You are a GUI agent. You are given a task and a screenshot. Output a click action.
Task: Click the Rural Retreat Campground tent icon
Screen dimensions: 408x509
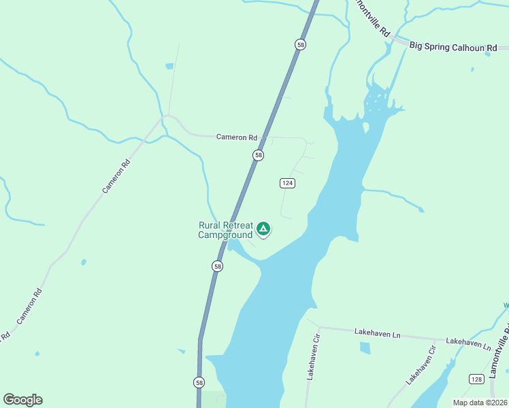click(x=263, y=229)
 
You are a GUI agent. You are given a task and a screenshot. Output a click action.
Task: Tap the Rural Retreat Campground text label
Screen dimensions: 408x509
click(x=225, y=231)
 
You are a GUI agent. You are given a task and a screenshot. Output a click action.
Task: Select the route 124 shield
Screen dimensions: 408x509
click(x=287, y=183)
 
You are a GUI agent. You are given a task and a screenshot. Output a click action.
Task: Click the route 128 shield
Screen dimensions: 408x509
click(x=477, y=378)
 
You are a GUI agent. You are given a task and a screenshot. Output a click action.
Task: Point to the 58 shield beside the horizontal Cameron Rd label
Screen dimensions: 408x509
click(x=258, y=156)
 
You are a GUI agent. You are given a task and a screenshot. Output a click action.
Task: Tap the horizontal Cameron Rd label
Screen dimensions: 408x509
click(x=237, y=137)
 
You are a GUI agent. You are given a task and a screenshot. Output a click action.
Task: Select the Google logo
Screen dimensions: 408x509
click(x=22, y=400)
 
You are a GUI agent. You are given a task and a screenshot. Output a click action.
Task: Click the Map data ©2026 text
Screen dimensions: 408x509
click(x=480, y=403)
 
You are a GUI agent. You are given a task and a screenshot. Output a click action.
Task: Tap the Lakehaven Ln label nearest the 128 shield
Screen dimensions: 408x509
click(x=468, y=344)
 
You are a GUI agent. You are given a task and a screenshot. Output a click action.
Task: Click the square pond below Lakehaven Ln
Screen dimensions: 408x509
click(x=365, y=348)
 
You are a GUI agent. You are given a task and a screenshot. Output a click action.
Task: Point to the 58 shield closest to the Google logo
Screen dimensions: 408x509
click(x=198, y=382)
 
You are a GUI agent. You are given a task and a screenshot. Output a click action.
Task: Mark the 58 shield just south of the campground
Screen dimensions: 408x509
click(x=217, y=267)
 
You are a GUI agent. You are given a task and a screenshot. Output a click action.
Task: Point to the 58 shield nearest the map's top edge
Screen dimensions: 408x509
click(x=301, y=44)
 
